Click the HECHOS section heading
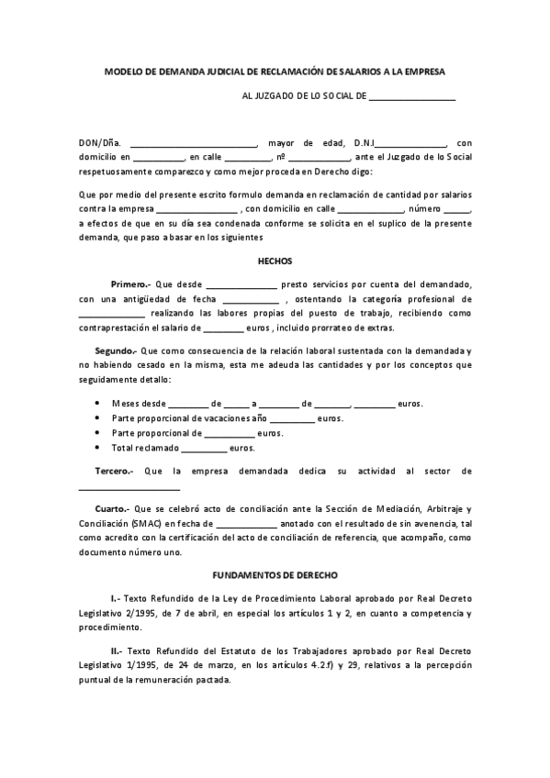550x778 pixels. coord(275,260)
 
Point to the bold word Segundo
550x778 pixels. coord(115,351)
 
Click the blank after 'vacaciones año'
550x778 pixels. coord(291,419)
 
